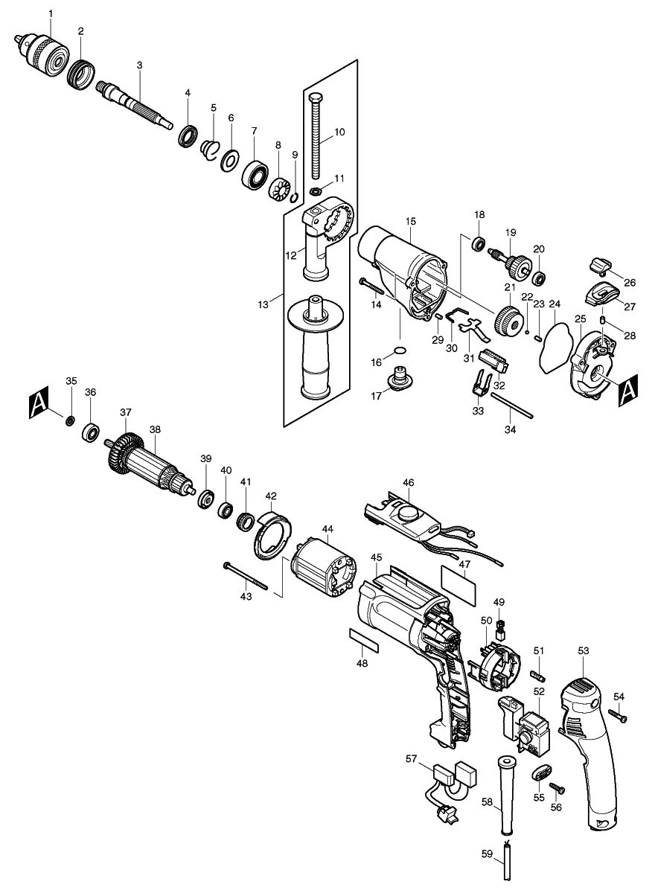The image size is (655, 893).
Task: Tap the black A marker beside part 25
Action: click(629, 388)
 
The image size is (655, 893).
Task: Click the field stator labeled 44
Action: click(326, 568)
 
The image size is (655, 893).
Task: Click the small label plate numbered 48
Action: click(364, 639)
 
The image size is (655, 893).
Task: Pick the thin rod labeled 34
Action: click(511, 405)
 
